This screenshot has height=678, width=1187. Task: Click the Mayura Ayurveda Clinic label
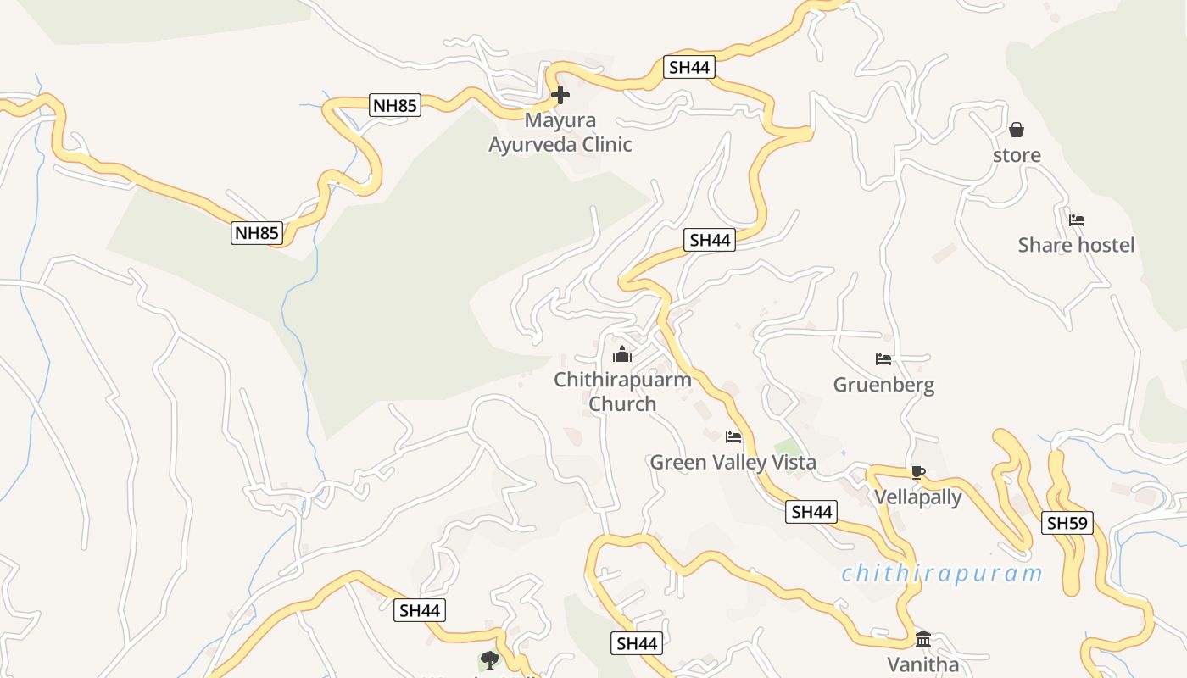[560, 132]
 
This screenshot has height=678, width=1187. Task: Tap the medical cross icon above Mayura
[560, 95]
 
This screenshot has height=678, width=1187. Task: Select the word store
[1017, 155]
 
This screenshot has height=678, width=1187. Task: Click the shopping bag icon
[1017, 130]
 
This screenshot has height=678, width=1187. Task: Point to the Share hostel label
[1076, 245]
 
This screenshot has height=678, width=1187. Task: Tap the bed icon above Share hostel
[1077, 220]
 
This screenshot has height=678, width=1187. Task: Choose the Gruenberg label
[883, 385]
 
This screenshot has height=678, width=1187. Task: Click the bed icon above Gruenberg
[883, 359]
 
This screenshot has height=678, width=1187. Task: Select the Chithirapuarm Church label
[622, 392]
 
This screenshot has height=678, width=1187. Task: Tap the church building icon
[622, 354]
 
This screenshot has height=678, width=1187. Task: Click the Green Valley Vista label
[733, 462]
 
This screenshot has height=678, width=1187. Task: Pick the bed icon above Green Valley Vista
[733, 437]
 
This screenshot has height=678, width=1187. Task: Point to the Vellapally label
[917, 497]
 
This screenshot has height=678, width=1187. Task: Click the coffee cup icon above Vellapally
[917, 472]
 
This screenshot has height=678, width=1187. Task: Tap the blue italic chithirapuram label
[941, 574]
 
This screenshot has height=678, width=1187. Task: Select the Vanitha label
[922, 664]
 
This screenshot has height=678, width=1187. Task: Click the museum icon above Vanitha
[923, 639]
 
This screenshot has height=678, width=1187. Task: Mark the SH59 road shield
[1067, 523]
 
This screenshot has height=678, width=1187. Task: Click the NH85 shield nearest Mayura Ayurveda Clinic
[395, 105]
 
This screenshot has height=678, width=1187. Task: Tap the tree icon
[489, 659]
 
